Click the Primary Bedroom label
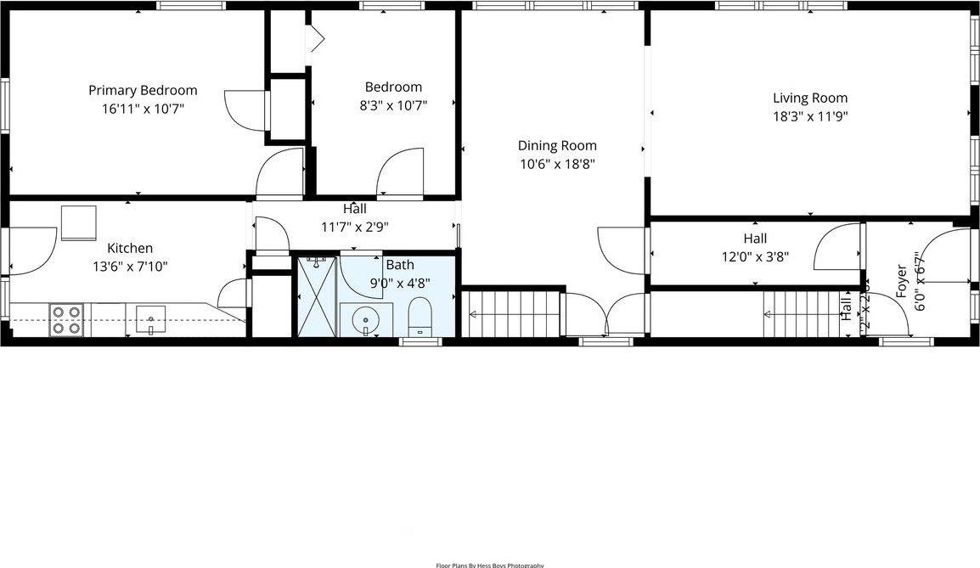click(x=143, y=90)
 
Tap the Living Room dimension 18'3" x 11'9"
click(x=809, y=116)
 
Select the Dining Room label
click(x=557, y=145)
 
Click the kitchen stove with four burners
click(x=65, y=319)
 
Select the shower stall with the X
click(x=317, y=295)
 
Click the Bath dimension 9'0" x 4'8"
click(x=399, y=284)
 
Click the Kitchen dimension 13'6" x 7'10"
click(x=130, y=267)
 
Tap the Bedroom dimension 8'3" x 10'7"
click(x=393, y=106)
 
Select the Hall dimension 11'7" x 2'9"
click(x=355, y=227)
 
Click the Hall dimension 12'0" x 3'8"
click(x=755, y=257)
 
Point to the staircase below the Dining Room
click(x=512, y=313)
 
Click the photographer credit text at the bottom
click(x=489, y=565)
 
